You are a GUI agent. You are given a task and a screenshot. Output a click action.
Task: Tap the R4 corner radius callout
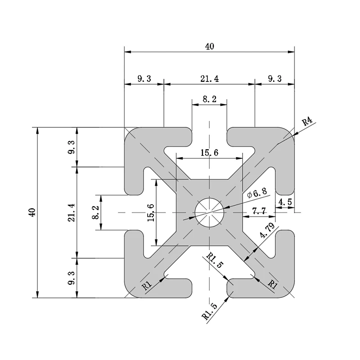click(307, 121)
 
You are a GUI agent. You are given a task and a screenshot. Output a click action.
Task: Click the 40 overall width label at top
click(210, 45)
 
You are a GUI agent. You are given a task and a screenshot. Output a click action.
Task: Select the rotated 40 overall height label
click(31, 212)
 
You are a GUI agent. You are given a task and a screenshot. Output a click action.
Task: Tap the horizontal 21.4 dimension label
click(209, 78)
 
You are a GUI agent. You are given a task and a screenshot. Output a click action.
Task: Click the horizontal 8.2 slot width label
click(209, 99)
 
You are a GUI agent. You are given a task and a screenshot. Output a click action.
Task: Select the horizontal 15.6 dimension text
click(209, 153)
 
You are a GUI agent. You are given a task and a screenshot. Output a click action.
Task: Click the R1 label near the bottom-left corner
click(146, 285)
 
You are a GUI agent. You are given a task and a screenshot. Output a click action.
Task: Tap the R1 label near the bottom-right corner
click(272, 283)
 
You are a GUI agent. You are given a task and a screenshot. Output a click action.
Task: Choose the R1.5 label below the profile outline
click(210, 311)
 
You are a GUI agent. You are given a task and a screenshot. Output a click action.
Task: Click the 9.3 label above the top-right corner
click(274, 78)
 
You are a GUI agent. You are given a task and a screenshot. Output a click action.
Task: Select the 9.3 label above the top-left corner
click(144, 78)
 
